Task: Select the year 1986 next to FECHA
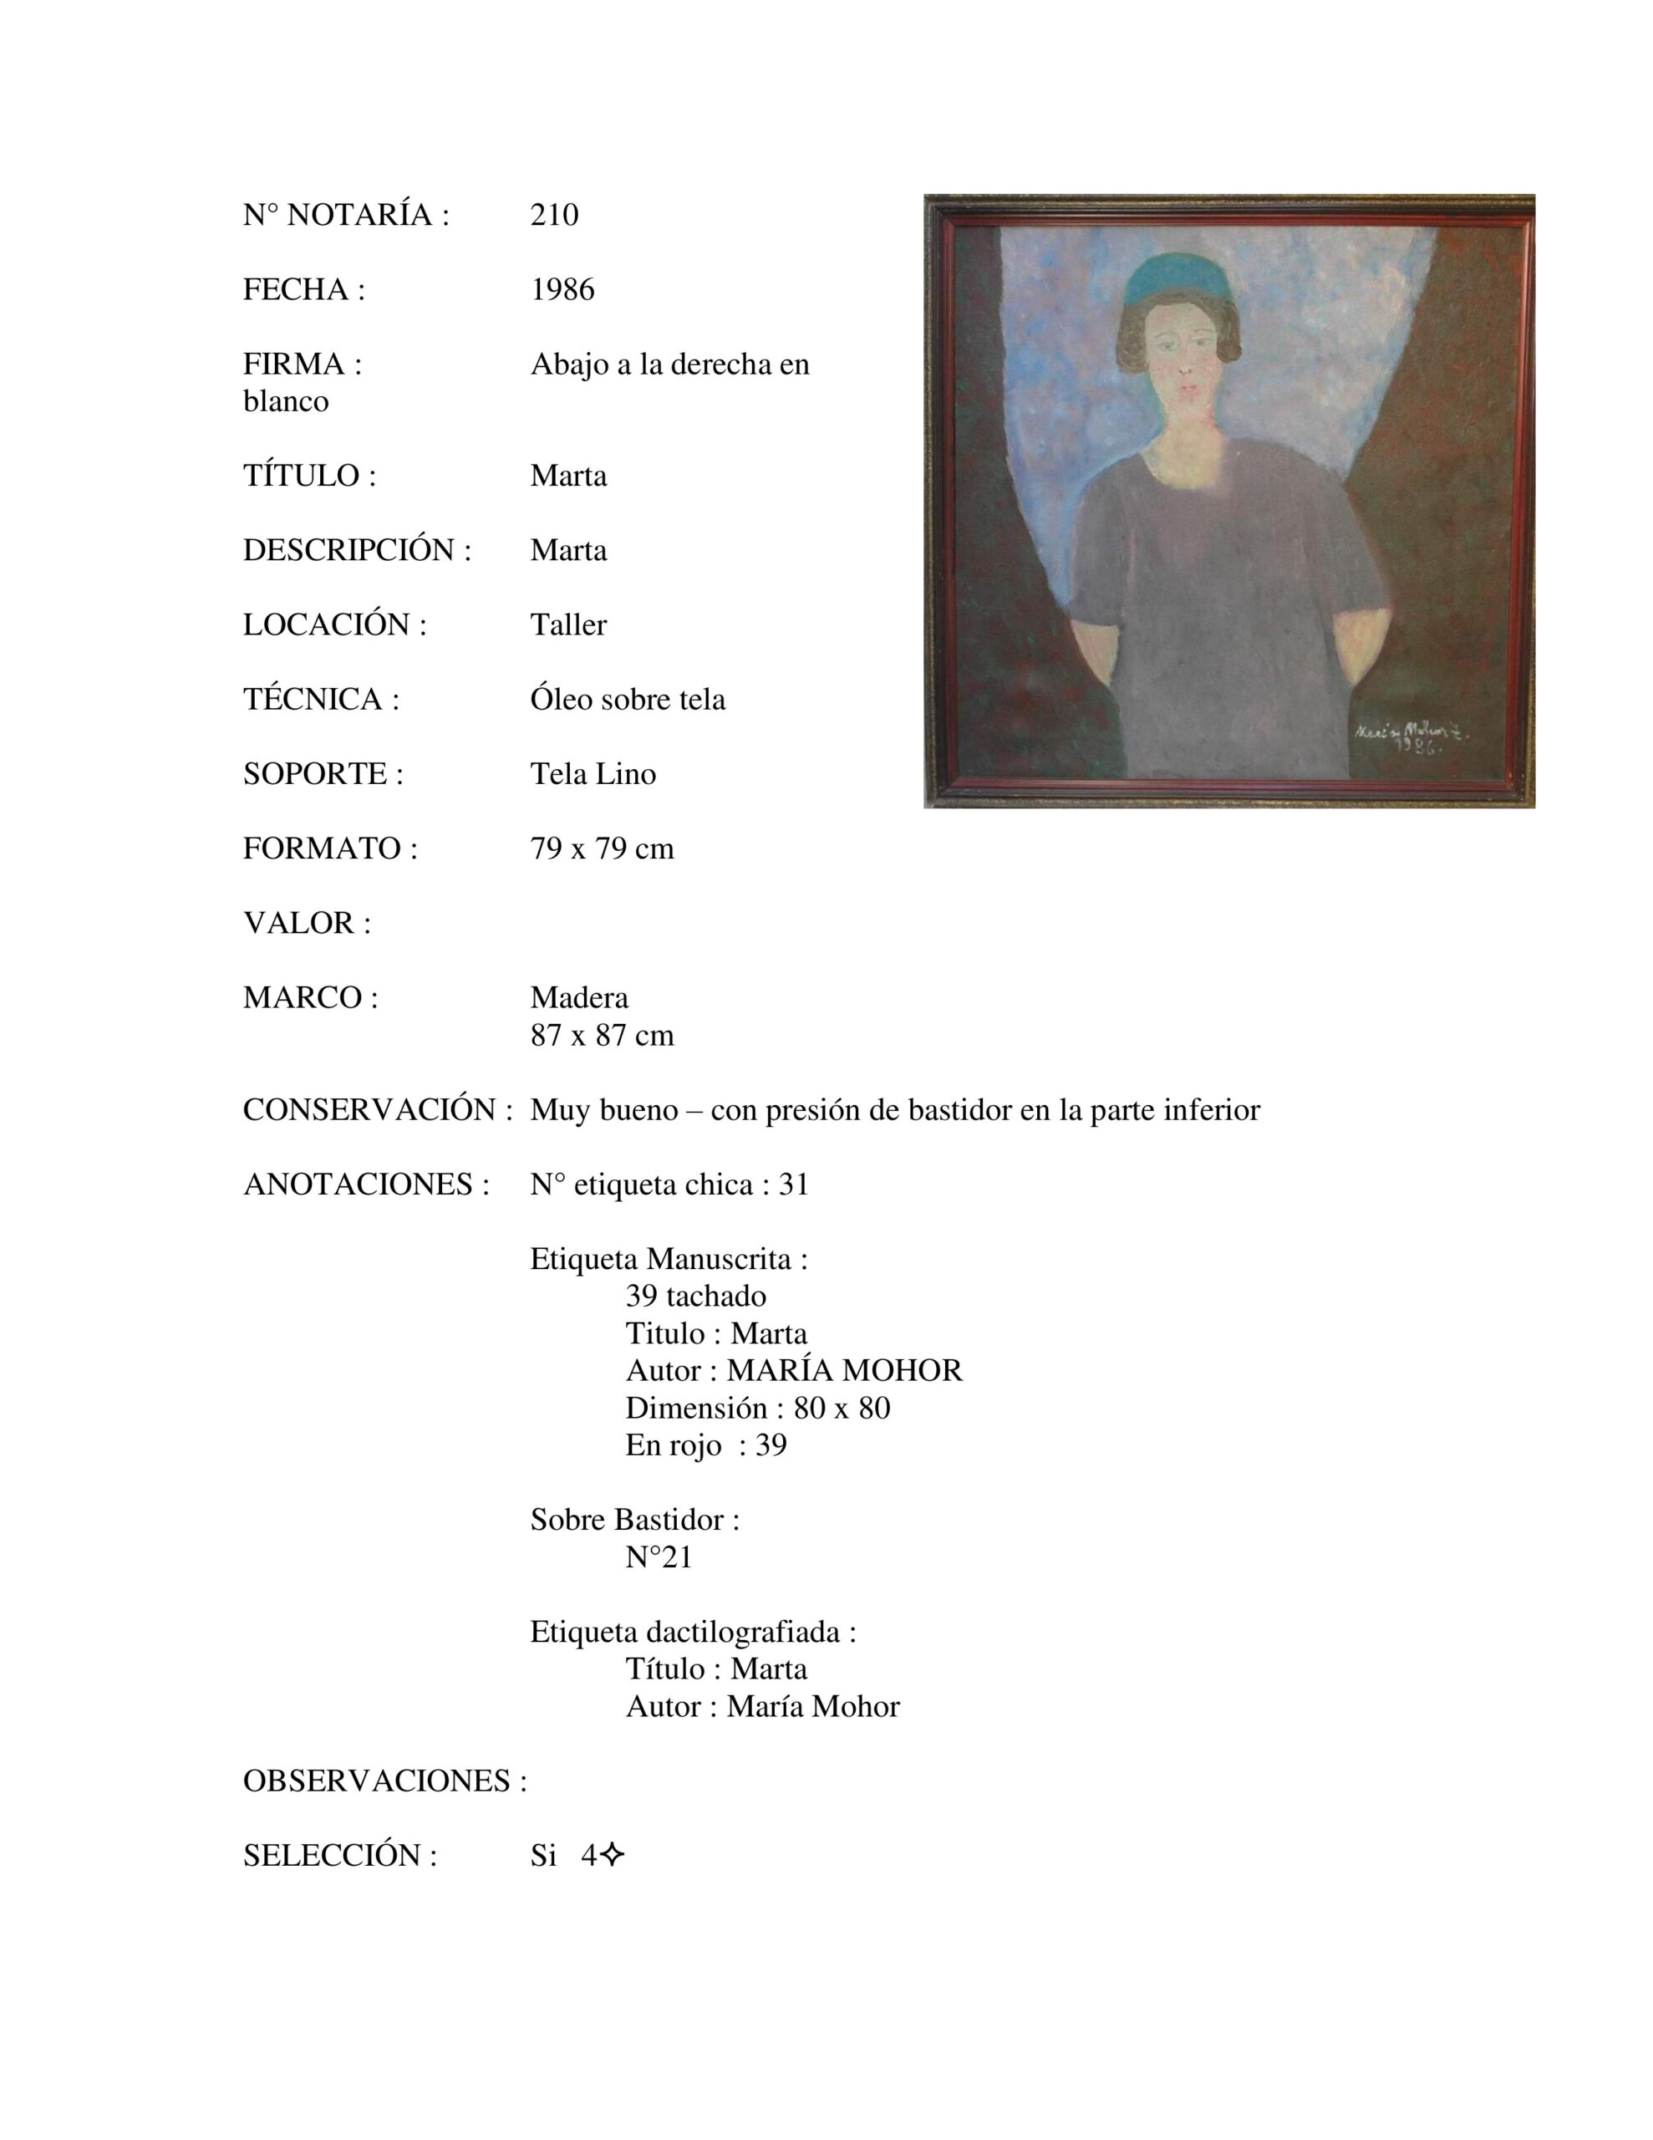click(562, 289)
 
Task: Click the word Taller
click(568, 624)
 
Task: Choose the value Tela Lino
click(593, 773)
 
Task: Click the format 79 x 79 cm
click(602, 848)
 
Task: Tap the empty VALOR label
click(307, 922)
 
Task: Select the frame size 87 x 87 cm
click(602, 1035)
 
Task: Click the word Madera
click(579, 997)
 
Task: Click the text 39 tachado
click(695, 1296)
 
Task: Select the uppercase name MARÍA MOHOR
click(845, 1370)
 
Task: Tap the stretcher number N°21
click(659, 1557)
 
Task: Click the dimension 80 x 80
click(842, 1408)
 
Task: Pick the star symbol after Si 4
click(613, 1855)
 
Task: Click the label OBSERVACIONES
click(384, 1781)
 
